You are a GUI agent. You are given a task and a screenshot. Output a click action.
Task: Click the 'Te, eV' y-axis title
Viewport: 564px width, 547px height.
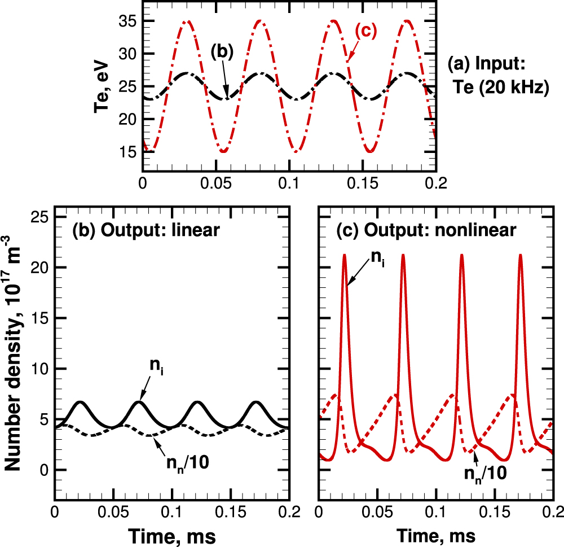click(105, 86)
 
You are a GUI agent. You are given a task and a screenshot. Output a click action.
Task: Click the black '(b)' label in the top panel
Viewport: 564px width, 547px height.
click(222, 51)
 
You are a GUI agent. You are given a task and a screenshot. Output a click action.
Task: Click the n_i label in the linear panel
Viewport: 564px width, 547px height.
click(156, 366)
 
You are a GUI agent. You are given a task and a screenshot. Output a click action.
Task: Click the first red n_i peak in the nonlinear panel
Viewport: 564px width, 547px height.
click(344, 256)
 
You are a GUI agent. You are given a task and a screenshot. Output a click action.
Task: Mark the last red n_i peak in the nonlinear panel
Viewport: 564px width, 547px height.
click(520, 256)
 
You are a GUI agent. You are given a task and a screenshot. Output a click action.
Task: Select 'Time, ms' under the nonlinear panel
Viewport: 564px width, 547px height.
click(435, 534)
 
